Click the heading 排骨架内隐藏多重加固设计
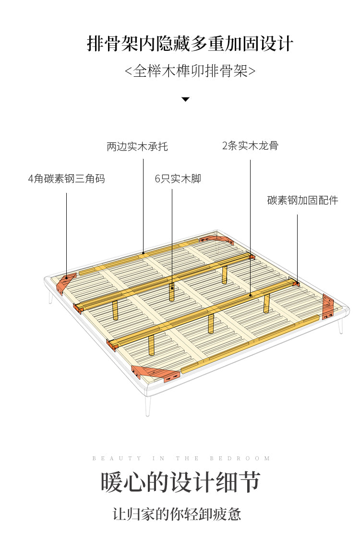tap(190, 44)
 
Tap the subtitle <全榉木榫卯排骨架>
tap(190, 71)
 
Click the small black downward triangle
tap(185, 99)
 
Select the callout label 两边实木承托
tap(137, 146)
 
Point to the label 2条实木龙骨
tap(250, 145)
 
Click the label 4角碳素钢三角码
tap(66, 179)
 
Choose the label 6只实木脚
tap(178, 179)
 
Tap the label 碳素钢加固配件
tap(302, 200)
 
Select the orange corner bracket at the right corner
tap(328, 306)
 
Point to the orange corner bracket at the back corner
tap(216, 239)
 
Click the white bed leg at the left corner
tap(50, 297)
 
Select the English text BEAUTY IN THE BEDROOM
tap(181, 458)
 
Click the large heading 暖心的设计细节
tap(180, 482)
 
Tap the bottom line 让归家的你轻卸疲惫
tap(177, 514)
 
